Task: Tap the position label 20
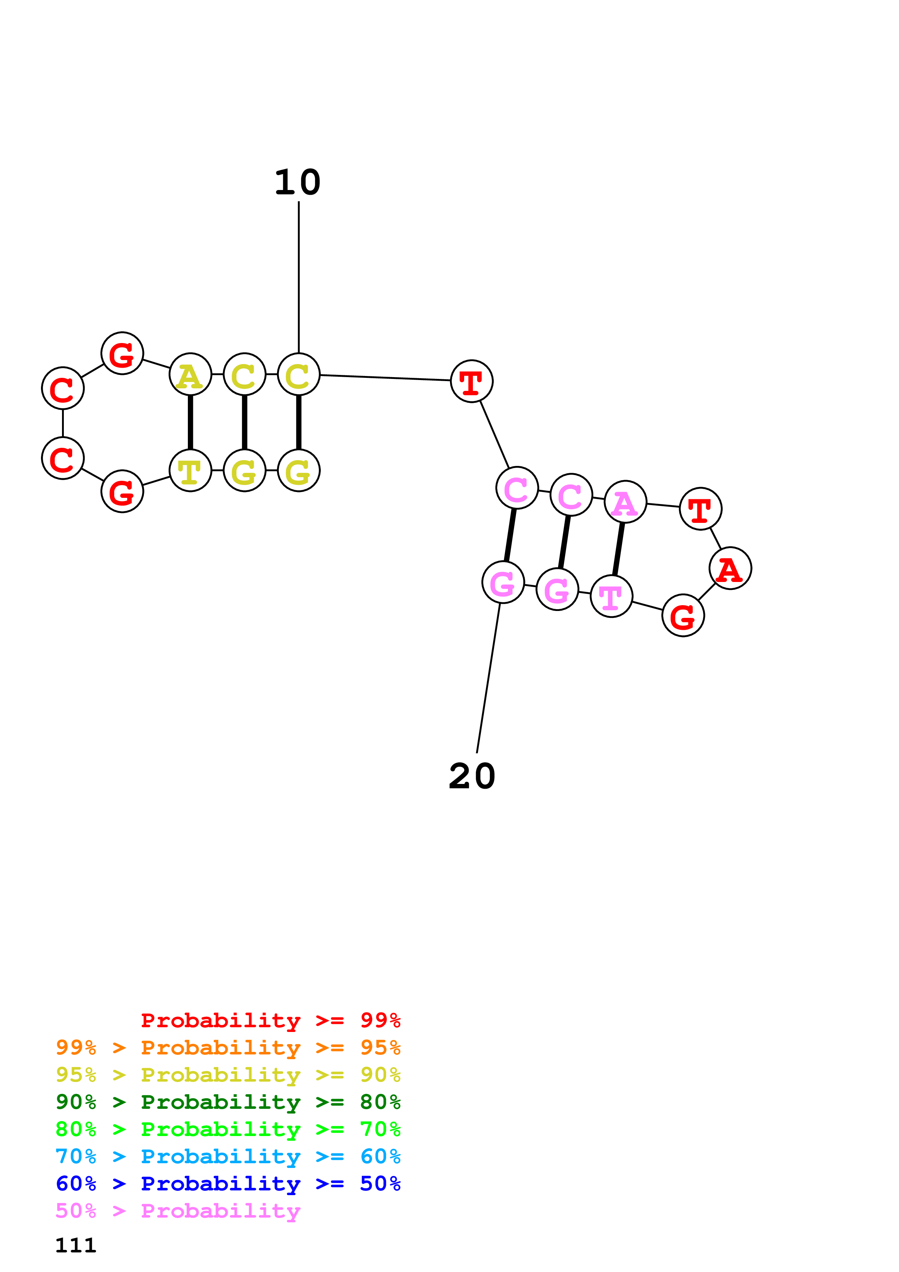coord(471,776)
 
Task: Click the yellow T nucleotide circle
coord(190,471)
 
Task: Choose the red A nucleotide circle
coord(730,569)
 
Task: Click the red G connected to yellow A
coord(122,354)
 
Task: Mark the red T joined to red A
coord(700,509)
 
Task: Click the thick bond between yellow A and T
coord(190,423)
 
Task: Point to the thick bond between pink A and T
coord(618,549)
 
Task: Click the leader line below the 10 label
coord(298,277)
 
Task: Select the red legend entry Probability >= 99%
coord(270,1020)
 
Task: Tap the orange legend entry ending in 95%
coord(228,1048)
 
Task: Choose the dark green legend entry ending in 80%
coord(228,1102)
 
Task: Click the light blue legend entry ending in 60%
coord(228,1156)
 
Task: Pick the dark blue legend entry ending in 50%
coord(228,1184)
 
